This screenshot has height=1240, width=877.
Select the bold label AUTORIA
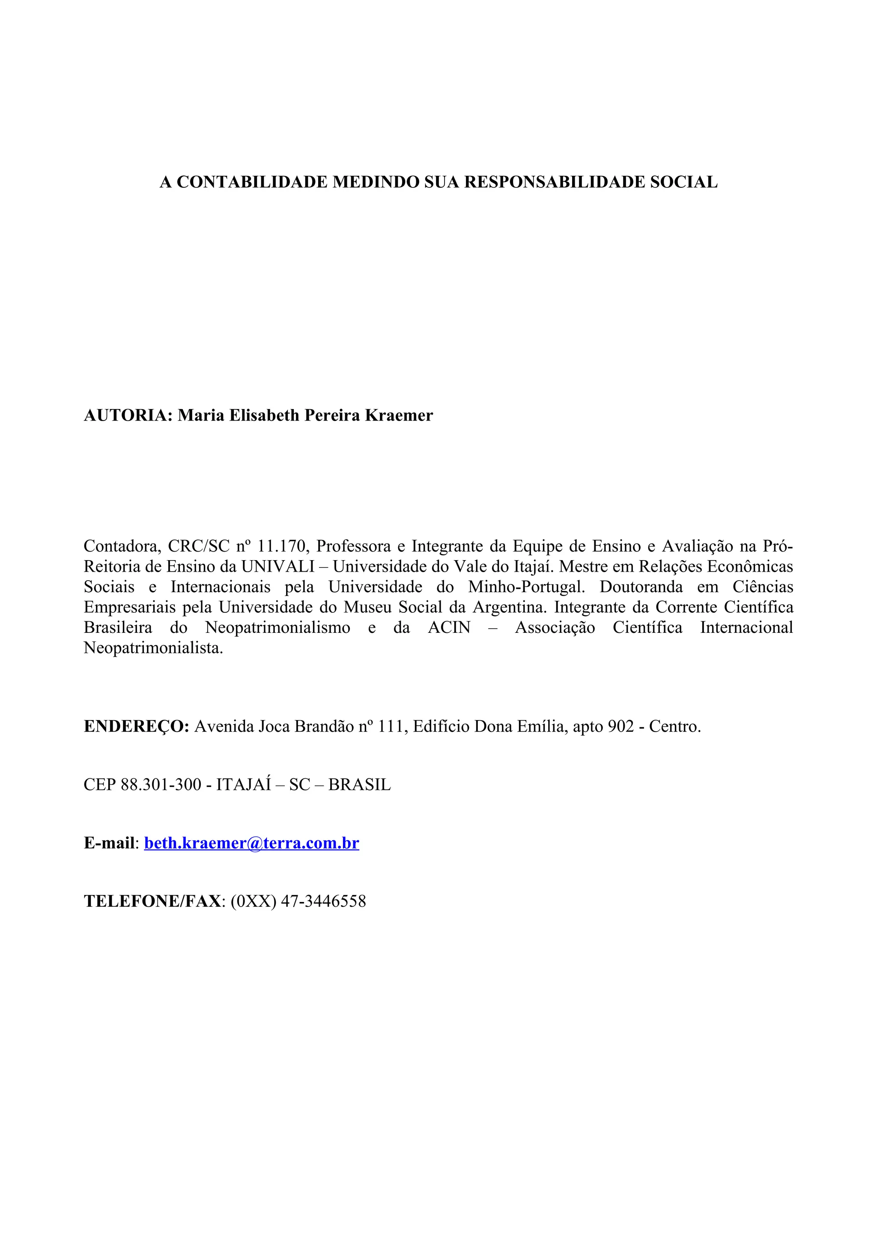pyautogui.click(x=128, y=415)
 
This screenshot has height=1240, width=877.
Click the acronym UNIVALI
pyautogui.click(x=277, y=567)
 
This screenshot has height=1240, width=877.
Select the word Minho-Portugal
pyautogui.click(x=525, y=587)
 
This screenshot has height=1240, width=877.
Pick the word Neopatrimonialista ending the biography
pyautogui.click(x=153, y=648)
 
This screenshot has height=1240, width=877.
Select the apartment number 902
pyautogui.click(x=620, y=727)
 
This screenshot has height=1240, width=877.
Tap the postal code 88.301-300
pyautogui.click(x=161, y=785)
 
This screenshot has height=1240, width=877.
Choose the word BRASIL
pyautogui.click(x=359, y=785)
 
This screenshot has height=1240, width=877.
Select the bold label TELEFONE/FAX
pyautogui.click(x=152, y=902)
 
